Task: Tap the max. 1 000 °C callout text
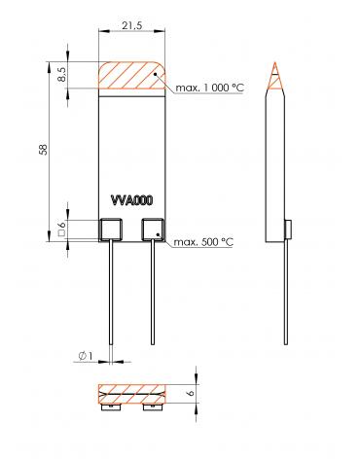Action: click(x=210, y=88)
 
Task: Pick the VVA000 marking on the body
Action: click(x=131, y=207)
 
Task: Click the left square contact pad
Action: click(x=111, y=229)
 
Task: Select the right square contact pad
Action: click(x=153, y=229)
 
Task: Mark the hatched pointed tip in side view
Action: click(x=277, y=78)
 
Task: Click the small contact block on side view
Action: click(x=289, y=229)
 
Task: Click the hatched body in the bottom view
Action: click(x=131, y=395)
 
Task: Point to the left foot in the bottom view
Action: click(x=110, y=408)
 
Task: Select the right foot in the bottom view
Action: click(x=153, y=408)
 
